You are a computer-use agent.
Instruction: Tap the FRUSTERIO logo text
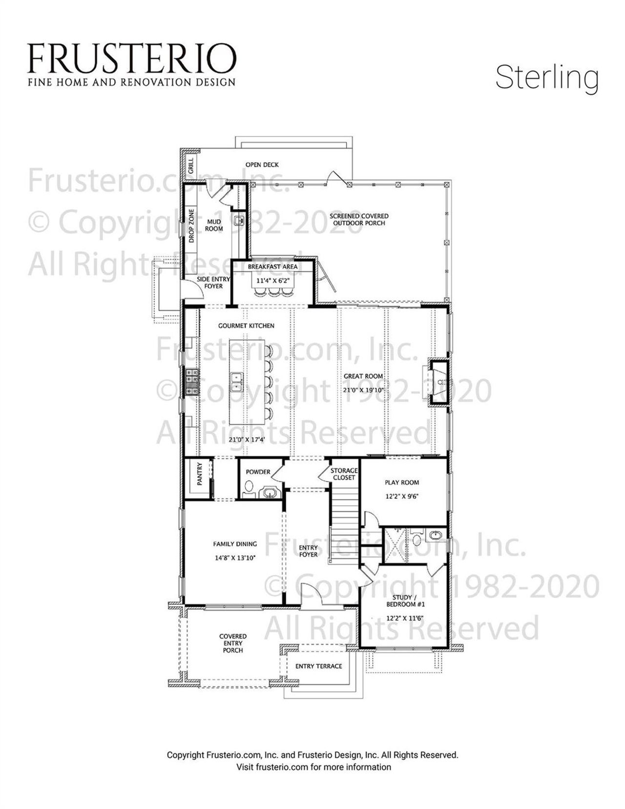(131, 57)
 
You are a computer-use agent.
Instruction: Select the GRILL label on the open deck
(190, 165)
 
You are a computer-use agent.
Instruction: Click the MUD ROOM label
(213, 225)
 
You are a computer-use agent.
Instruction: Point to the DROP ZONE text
(191, 226)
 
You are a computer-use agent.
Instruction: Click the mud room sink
(239, 221)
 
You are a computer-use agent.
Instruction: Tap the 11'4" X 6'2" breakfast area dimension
(272, 281)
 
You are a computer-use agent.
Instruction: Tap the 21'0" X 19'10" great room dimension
(364, 390)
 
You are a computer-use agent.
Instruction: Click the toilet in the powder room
(249, 487)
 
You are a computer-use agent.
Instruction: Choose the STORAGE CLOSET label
(344, 474)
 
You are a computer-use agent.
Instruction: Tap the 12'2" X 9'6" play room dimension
(402, 496)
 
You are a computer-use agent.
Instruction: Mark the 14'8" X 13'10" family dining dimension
(235, 557)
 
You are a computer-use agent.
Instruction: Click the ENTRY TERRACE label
(318, 666)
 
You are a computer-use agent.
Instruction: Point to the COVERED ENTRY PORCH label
(233, 643)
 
